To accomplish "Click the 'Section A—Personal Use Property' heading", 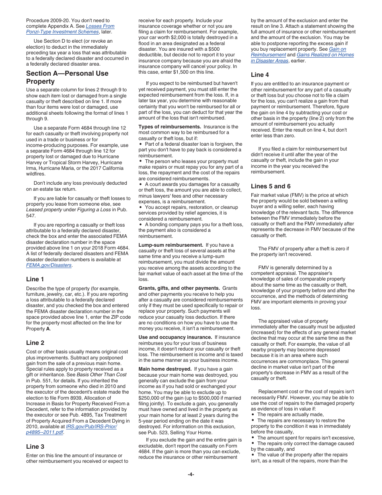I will pyautogui.click(x=67, y=77).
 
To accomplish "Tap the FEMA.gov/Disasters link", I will pyautogui.click(x=49, y=265).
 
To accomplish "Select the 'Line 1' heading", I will pyautogui.click(x=35, y=279).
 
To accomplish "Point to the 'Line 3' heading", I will pyautogui.click(x=35, y=446).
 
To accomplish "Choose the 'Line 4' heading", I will pyautogui.click(x=260, y=74).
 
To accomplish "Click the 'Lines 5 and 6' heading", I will pyautogui.click(x=271, y=186).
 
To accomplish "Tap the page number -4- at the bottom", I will pyautogui.click(x=191, y=474).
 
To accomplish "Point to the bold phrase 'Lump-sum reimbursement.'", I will pyautogui.click(x=170, y=245).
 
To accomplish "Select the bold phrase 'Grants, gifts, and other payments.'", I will pyautogui.click(x=179, y=288).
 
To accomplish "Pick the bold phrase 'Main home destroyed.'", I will pyautogui.click(x=165, y=369).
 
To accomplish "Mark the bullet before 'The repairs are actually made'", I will pyautogui.click(x=253, y=415).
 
